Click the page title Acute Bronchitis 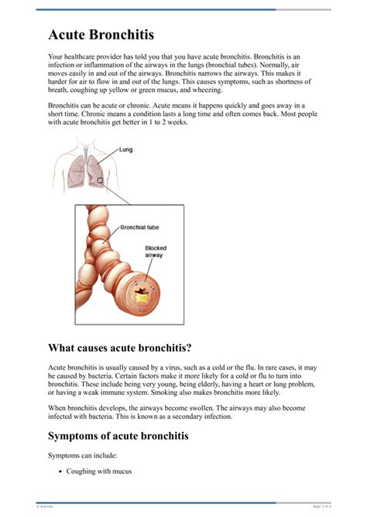coord(101,35)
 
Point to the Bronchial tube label coord(140,228)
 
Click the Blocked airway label coord(156,253)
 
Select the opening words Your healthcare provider coord(87,56)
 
